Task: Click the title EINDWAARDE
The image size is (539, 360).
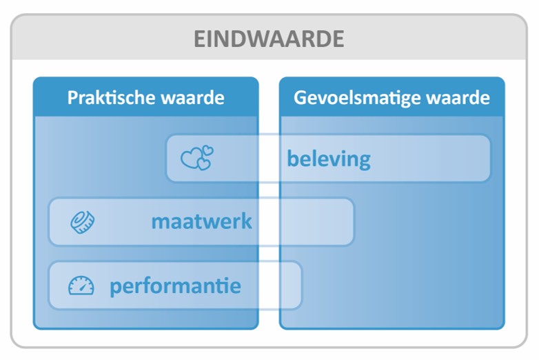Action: (269, 39)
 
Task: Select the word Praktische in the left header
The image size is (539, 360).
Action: (111, 98)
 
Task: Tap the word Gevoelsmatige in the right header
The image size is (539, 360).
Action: (357, 99)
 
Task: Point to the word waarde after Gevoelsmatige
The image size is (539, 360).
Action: (458, 98)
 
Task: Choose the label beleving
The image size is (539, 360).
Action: (329, 159)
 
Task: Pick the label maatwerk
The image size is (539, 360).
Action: (202, 221)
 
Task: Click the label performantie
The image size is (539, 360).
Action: (175, 286)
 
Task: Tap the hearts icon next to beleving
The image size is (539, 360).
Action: (197, 157)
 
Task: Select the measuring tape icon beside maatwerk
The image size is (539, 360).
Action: (83, 222)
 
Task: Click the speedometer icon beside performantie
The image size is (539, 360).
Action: (81, 286)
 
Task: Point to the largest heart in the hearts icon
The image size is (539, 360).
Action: (191, 159)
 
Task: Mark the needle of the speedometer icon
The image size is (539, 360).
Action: (83, 286)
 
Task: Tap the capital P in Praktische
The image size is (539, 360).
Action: (72, 98)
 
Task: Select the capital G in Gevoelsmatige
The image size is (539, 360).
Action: (300, 98)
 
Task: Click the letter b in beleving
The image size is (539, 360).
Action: (292, 159)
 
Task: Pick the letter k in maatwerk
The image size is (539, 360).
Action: (247, 221)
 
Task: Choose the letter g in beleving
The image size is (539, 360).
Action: (364, 161)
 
